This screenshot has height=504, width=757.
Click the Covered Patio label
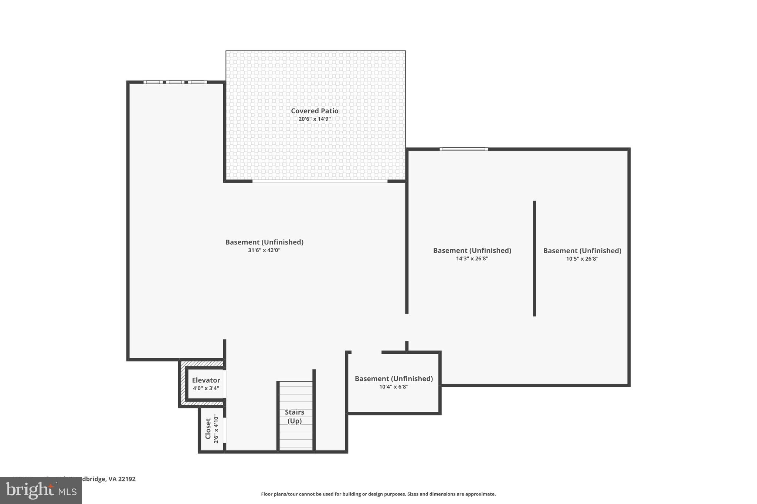tap(315, 111)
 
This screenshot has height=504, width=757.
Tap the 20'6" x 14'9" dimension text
tap(315, 119)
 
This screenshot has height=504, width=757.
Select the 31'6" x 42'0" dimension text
tap(264, 250)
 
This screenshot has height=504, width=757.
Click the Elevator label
tap(206, 380)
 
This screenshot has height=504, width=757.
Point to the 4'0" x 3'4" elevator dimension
tap(206, 388)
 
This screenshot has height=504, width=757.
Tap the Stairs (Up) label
tap(295, 416)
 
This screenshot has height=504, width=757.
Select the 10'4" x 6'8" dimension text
tap(394, 387)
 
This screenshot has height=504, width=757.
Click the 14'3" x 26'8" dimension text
tap(472, 259)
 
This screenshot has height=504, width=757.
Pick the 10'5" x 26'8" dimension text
tap(582, 259)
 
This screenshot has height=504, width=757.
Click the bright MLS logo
tap(41, 490)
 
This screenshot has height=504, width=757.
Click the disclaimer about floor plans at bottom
tap(378, 494)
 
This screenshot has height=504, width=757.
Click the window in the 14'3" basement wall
tap(464, 149)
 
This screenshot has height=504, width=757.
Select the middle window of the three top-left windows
tap(175, 82)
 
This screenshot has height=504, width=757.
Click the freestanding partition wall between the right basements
tap(534, 258)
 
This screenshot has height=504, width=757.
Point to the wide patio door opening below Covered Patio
tap(320, 181)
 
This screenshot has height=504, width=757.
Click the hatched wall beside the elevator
tap(182, 384)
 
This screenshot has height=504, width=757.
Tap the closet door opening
tap(224, 429)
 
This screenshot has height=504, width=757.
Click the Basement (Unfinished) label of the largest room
tap(264, 242)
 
